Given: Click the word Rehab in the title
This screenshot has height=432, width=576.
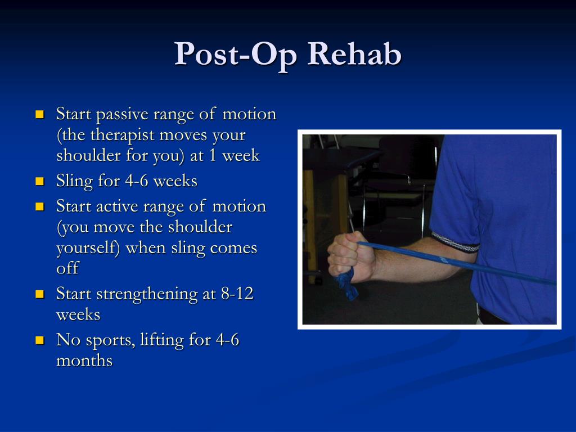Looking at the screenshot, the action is (354, 54).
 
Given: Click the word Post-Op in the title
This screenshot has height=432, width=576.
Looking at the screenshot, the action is (236, 55).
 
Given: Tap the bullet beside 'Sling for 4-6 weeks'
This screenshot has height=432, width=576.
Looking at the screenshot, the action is (40, 181).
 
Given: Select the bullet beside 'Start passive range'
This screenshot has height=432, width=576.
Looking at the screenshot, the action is (40, 114).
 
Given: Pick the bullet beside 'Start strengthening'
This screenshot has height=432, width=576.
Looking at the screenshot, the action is (40, 294).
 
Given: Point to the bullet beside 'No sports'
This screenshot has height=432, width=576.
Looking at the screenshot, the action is (40, 340).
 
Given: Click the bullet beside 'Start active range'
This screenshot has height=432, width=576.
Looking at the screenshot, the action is (40, 206).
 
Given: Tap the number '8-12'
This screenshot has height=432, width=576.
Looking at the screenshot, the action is (237, 294).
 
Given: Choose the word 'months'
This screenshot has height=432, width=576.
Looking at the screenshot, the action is (84, 361).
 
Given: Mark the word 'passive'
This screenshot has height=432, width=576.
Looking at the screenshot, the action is (122, 115).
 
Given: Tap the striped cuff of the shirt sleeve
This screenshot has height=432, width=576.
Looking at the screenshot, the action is (454, 242).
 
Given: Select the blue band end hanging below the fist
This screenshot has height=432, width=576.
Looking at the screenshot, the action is (347, 283).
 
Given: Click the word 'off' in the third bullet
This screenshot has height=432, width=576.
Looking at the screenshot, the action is (67, 268).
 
